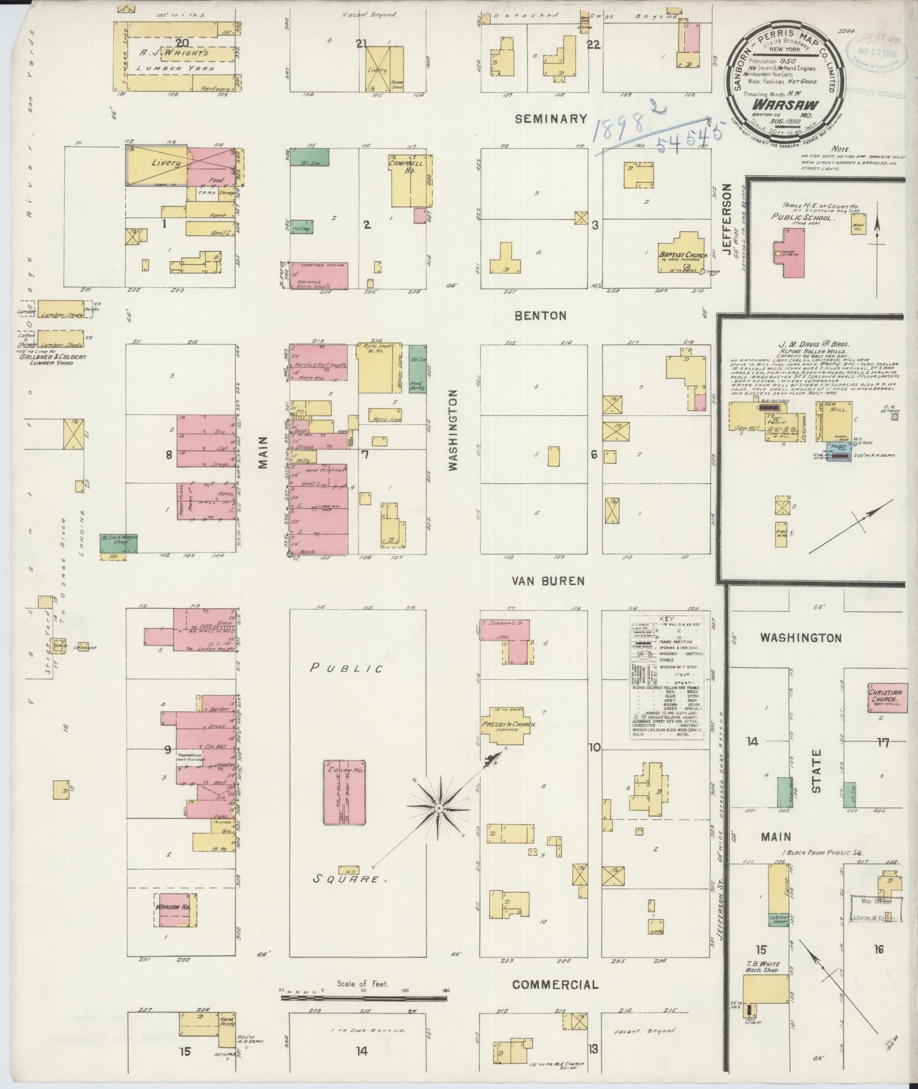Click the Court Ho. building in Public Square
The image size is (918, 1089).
coord(344,792)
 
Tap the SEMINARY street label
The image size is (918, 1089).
coord(551,119)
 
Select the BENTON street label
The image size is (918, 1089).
coord(541,315)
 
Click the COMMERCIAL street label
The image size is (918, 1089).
coord(555,985)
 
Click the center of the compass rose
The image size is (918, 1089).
coord(438,807)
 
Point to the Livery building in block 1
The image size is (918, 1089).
coord(157,164)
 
